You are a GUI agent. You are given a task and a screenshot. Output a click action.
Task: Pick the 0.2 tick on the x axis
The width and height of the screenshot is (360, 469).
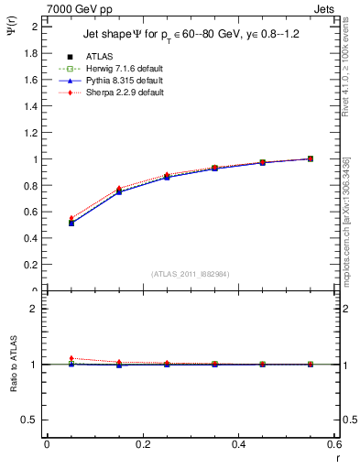point(142,444)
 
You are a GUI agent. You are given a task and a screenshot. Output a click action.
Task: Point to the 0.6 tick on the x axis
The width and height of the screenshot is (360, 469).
point(334,444)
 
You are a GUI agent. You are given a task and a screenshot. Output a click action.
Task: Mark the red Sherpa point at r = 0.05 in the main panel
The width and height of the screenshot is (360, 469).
point(71,218)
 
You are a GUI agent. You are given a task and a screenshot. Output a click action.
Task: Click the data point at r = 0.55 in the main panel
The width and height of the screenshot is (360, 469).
point(311,158)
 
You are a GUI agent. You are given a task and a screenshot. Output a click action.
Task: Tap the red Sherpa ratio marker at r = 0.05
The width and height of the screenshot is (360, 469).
point(71,358)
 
